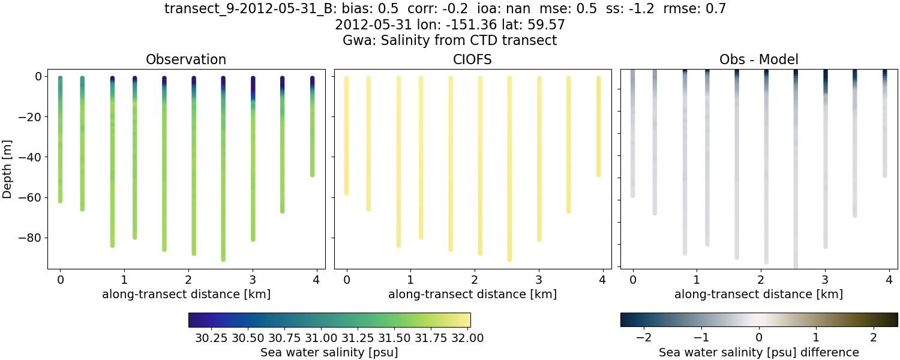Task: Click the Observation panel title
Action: coord(186,59)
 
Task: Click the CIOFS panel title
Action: coord(472,59)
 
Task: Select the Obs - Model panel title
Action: coord(758,59)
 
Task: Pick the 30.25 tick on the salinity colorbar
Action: coord(211,338)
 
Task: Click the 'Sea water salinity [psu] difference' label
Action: coord(758,352)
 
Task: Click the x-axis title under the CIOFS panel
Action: coord(472,295)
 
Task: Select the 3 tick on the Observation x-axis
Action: coord(253,280)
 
